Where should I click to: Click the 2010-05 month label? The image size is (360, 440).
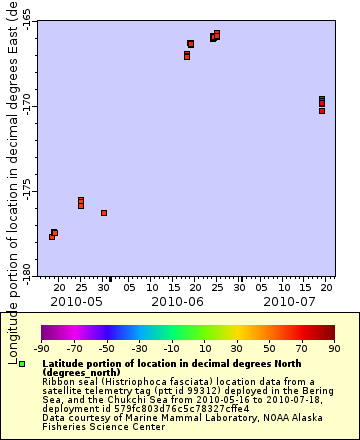point(77,300)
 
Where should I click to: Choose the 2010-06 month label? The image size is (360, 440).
point(178,300)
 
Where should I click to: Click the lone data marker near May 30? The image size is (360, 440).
point(104,213)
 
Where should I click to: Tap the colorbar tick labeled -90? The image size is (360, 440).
point(41,348)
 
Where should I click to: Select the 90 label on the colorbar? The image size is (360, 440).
point(333,348)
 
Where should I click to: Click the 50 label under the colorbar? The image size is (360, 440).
point(269,348)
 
